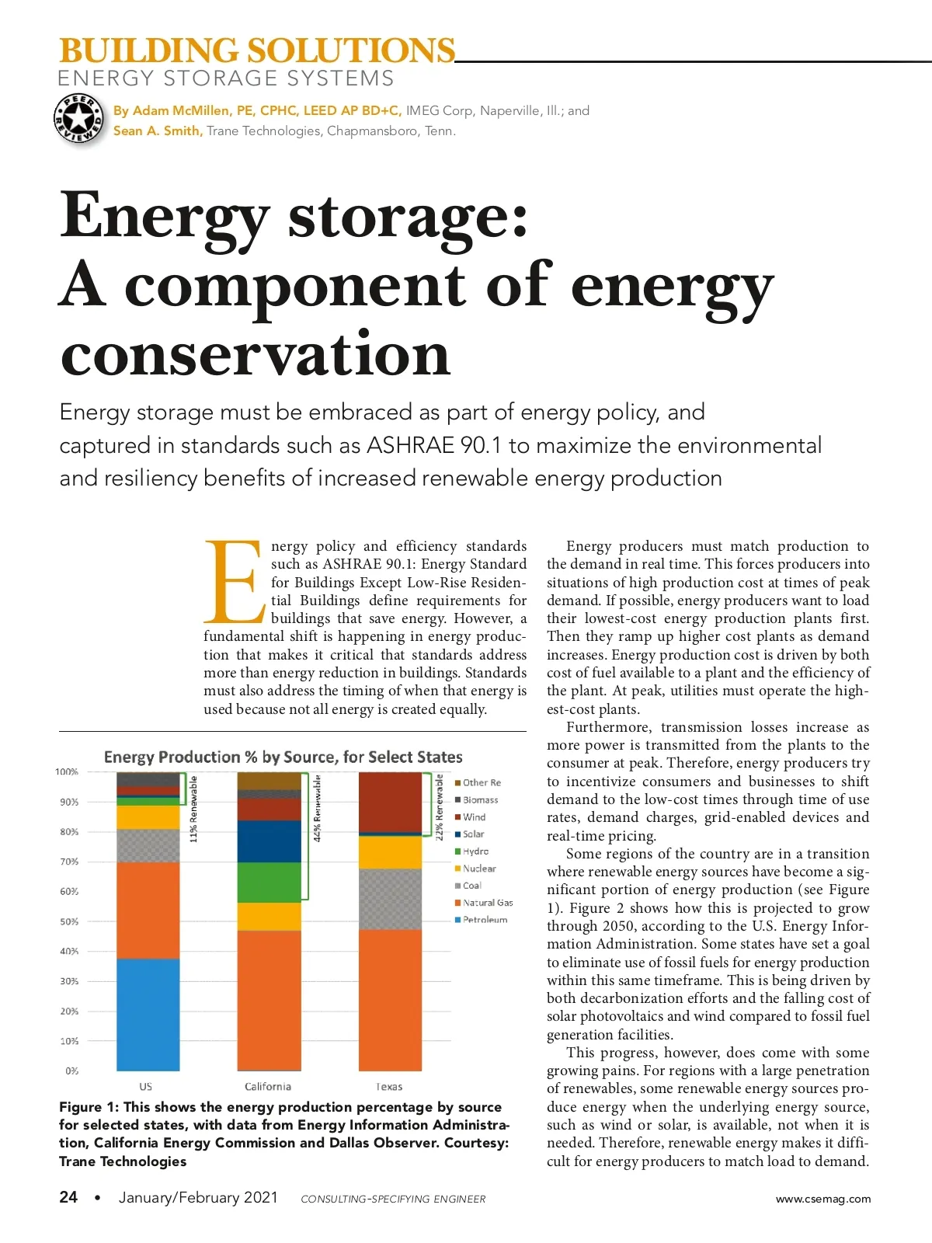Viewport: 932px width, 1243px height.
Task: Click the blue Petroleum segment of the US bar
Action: pos(148,1014)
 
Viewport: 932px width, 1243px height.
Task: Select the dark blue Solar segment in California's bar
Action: pos(269,841)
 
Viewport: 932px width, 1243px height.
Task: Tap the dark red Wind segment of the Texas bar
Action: pos(390,802)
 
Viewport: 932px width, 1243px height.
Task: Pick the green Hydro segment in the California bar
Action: pos(269,883)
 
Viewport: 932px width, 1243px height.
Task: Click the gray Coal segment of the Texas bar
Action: pos(390,899)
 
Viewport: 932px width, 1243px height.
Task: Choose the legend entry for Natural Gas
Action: pos(487,903)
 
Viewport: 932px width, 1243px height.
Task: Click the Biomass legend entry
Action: pos(480,799)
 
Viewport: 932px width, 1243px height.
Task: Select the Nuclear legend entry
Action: pos(478,869)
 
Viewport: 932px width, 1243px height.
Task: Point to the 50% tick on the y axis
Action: pos(69,921)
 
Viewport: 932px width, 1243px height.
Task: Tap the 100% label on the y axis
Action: pos(67,771)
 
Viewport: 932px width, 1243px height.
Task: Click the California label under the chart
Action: pos(268,1086)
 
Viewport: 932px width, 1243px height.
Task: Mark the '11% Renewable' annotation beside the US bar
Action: pos(194,809)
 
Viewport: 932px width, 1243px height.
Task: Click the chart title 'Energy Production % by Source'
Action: pos(283,757)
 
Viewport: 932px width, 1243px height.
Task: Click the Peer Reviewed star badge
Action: pos(78,120)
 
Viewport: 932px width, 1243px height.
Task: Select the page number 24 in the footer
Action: pos(68,1197)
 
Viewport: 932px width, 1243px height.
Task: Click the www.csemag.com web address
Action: pos(823,1199)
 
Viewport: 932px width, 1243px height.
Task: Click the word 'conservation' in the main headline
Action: pos(255,353)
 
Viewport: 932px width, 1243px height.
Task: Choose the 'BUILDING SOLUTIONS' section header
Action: pos(256,50)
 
